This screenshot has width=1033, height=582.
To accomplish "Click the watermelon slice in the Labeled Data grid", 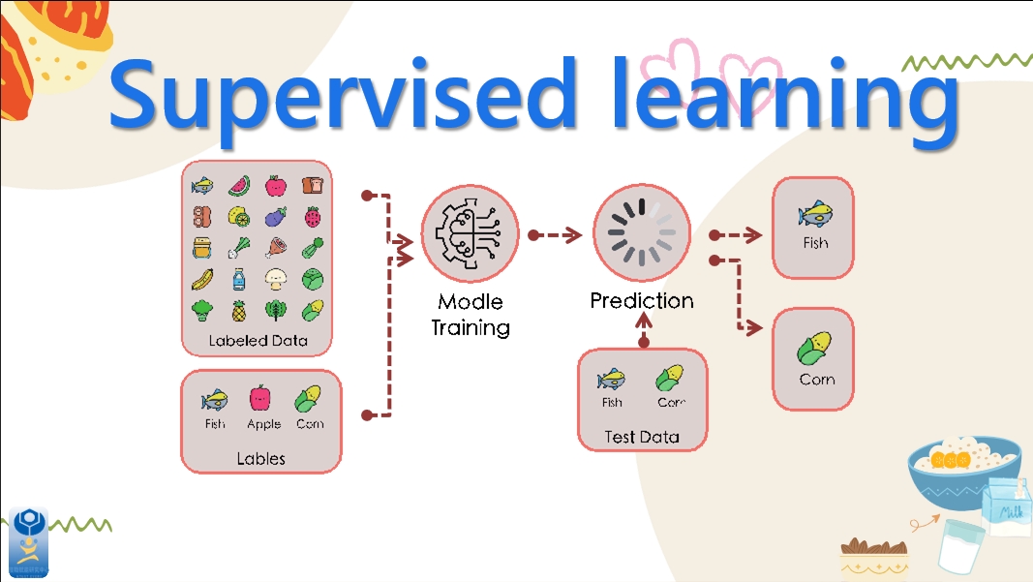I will [x=238, y=185].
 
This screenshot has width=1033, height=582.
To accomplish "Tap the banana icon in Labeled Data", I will [x=202, y=280].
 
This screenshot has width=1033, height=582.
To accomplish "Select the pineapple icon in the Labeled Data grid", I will [x=238, y=311].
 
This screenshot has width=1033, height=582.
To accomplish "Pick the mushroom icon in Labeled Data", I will [x=276, y=280].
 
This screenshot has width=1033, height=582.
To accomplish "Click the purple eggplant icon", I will [x=276, y=216].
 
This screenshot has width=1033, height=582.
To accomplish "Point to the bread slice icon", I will [x=312, y=184].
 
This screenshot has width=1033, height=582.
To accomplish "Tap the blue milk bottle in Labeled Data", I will [x=238, y=280].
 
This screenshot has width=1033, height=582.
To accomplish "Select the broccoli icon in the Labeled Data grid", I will [x=202, y=311].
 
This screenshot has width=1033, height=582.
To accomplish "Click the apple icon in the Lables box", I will [x=260, y=398].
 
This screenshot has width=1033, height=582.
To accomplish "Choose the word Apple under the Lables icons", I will [x=263, y=424].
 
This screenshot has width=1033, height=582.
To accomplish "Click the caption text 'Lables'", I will [x=261, y=458].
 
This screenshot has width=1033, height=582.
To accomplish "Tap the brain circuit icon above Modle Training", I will [x=470, y=235].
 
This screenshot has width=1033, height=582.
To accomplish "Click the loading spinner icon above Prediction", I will [x=641, y=235].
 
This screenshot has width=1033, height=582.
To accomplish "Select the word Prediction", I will [x=642, y=301].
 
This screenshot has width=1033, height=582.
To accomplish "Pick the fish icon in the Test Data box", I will [x=612, y=377].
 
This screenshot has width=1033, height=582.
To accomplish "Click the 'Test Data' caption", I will [x=642, y=437].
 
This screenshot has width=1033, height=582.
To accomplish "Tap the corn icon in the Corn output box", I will [x=814, y=346].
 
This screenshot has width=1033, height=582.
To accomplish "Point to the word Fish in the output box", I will [x=815, y=243].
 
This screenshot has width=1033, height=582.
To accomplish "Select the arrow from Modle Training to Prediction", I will [x=556, y=235].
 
